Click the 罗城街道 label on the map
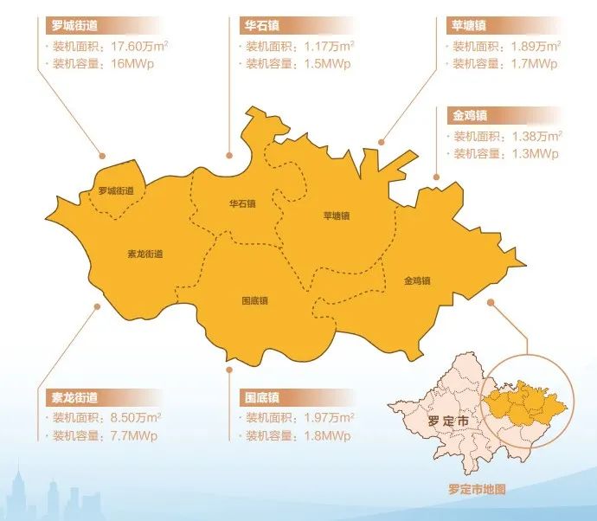coord(116,190)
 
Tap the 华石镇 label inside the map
coord(242,204)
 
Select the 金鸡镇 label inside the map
coord(417,280)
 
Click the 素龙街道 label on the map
coord(144,254)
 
